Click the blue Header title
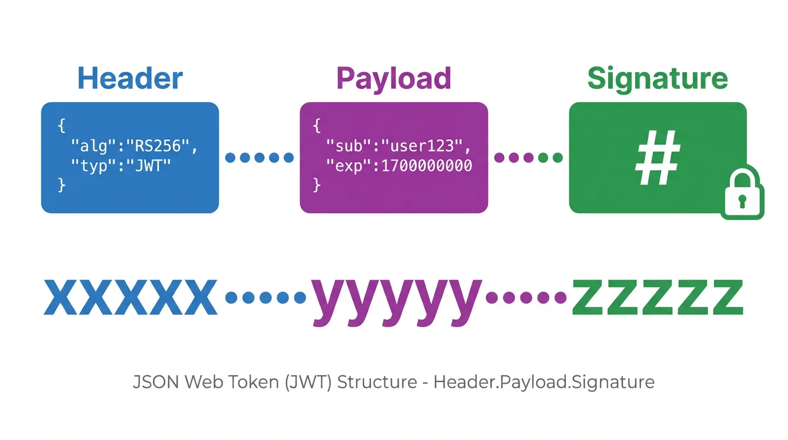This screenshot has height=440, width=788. (x=130, y=78)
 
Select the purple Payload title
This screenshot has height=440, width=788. (x=393, y=78)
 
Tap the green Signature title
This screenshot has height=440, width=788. (x=657, y=78)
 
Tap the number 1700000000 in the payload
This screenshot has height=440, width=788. (x=427, y=166)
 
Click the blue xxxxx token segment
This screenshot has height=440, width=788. (x=131, y=297)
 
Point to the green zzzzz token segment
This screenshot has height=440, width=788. (x=657, y=297)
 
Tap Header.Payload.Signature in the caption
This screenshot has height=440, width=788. (x=544, y=382)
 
